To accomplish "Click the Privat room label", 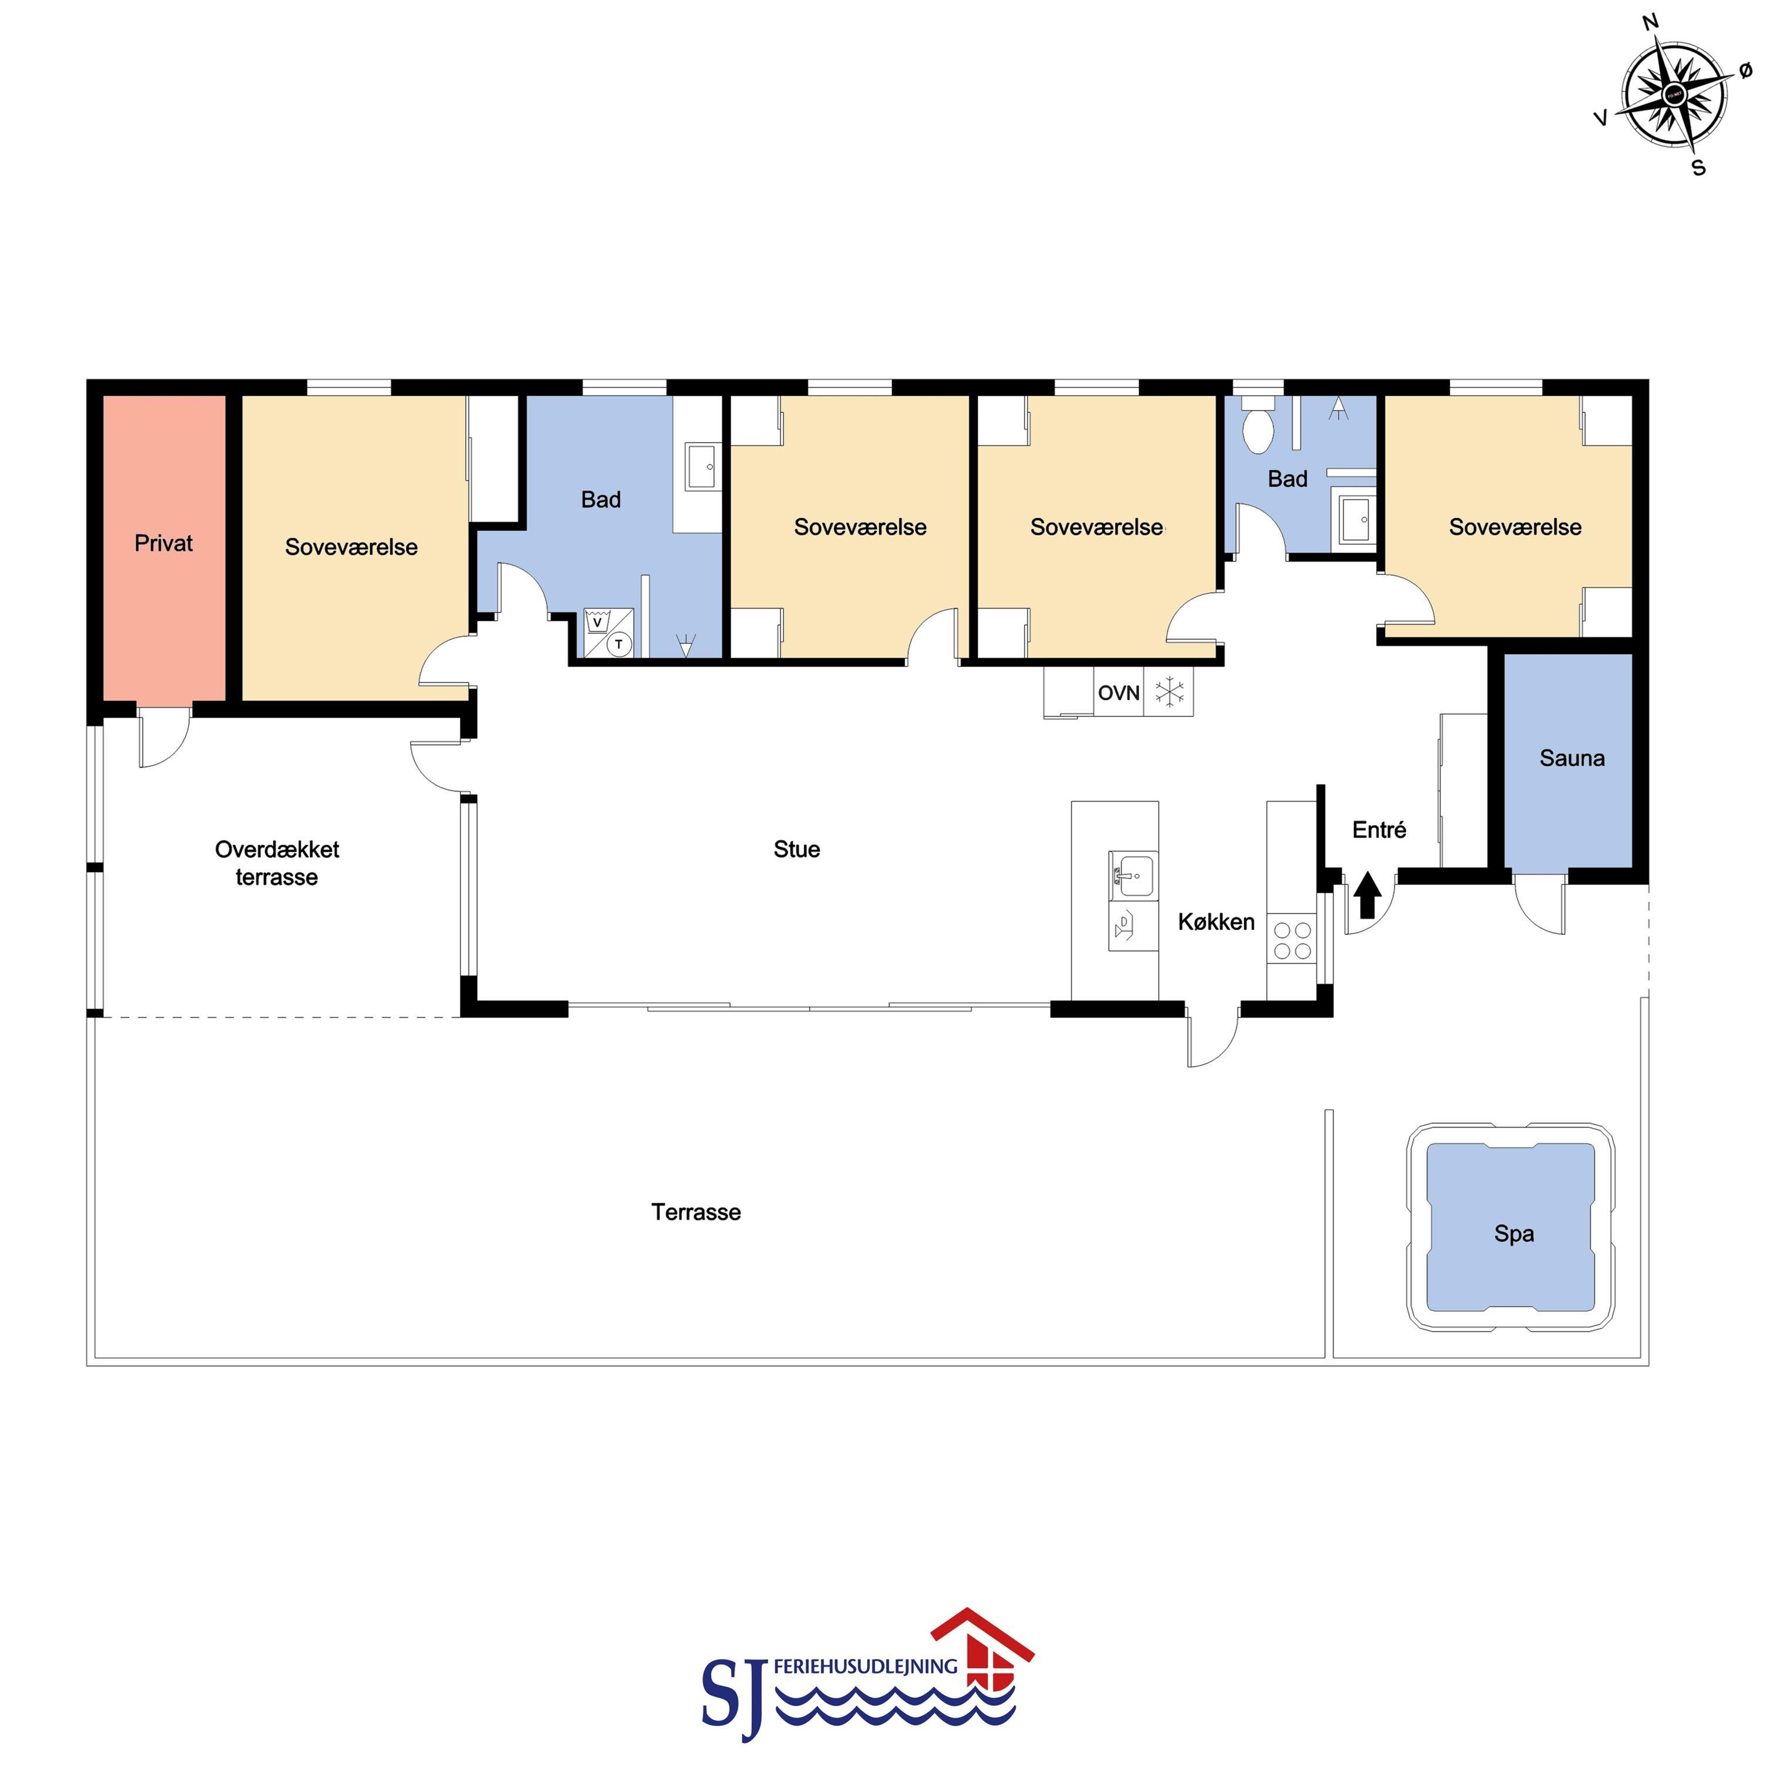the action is tap(164, 543).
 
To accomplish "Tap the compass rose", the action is tap(1675, 94).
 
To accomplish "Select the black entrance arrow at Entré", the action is tap(1367, 894).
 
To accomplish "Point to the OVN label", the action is tap(1119, 692).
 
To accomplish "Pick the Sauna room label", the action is tap(1572, 758).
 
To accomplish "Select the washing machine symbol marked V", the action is tap(597, 622).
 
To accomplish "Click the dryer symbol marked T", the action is tap(619, 644).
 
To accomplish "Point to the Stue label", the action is tap(797, 849).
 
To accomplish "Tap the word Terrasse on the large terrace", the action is tap(696, 1212).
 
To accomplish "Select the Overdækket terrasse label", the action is tap(277, 863).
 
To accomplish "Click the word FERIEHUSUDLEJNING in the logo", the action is tap(865, 1667).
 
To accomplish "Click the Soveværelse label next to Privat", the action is tap(351, 547).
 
